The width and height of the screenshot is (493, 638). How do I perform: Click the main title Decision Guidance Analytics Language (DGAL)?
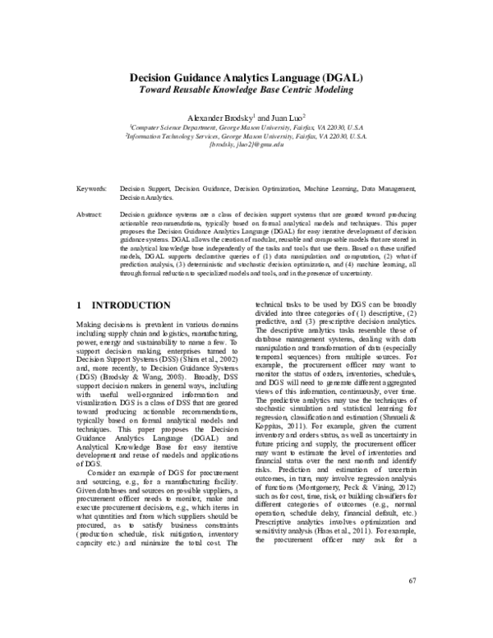click(246, 77)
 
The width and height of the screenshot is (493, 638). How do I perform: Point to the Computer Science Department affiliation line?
click(246, 128)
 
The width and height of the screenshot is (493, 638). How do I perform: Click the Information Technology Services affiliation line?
click(246, 136)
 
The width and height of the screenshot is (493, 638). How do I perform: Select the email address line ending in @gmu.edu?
click(246, 145)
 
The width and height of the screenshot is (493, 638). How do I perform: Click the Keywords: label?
click(90, 189)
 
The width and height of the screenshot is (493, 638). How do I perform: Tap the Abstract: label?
click(89, 214)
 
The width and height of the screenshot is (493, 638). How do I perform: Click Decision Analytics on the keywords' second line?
click(145, 198)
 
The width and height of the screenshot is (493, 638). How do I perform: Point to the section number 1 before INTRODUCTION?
click(79, 305)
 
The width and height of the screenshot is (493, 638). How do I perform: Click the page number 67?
click(412, 581)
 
